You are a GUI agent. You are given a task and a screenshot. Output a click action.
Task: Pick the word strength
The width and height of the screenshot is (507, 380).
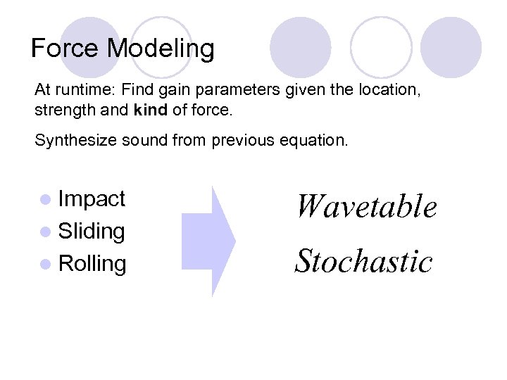(x=61, y=110)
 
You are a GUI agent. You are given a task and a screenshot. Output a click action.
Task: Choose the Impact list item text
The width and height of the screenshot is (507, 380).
(x=92, y=199)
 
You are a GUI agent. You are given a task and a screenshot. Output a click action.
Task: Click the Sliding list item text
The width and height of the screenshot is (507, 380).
(x=92, y=231)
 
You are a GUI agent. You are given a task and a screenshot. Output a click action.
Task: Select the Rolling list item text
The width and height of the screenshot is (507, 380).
(x=92, y=264)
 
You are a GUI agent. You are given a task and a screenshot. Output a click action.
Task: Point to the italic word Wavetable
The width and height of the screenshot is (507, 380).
(x=365, y=207)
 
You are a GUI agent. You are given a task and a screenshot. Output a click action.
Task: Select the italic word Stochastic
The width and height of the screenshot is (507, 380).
(x=363, y=261)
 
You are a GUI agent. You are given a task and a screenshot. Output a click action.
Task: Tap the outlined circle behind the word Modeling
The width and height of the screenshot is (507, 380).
(x=163, y=42)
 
